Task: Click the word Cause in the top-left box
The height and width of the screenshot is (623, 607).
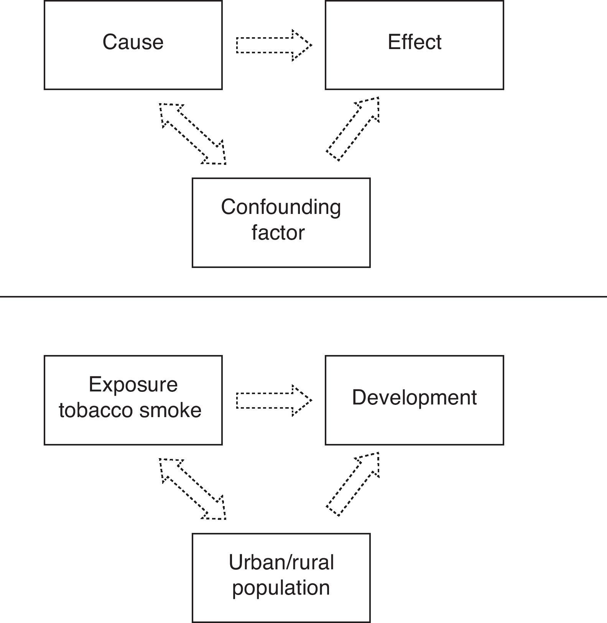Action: tap(133, 42)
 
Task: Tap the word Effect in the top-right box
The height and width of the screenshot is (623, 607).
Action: tap(414, 42)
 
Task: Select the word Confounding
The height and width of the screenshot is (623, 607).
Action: tap(281, 207)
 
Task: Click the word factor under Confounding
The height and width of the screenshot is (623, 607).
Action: tap(278, 233)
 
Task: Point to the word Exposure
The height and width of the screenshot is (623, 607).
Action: tap(133, 384)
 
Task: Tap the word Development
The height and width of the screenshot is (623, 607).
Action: tap(414, 397)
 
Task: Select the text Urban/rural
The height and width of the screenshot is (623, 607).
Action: tap(281, 562)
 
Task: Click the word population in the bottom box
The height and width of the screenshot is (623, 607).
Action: tap(281, 587)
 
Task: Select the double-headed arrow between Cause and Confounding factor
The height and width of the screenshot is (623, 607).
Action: tap(193, 134)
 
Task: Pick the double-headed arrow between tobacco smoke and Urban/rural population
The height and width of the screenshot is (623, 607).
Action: tap(193, 489)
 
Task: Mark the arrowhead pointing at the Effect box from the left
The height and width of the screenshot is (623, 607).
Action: tap(301, 45)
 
